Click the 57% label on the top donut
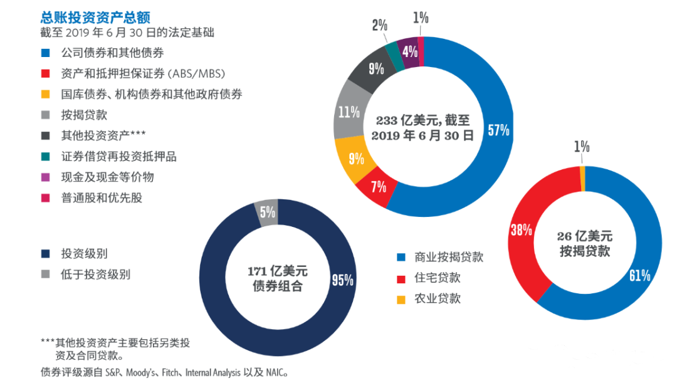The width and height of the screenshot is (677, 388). [499, 130]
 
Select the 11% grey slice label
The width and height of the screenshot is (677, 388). [349, 113]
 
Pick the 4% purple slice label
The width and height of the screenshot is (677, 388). [411, 52]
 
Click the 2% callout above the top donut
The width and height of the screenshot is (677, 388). [379, 26]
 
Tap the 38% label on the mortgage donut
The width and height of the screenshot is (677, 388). [521, 230]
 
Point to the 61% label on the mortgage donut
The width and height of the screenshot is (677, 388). [639, 275]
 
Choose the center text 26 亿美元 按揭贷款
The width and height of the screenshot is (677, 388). [584, 244]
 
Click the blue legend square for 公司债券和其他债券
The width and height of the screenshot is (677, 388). [45, 53]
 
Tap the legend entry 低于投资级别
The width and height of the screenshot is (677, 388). [95, 275]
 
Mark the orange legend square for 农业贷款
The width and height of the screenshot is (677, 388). [401, 299]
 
